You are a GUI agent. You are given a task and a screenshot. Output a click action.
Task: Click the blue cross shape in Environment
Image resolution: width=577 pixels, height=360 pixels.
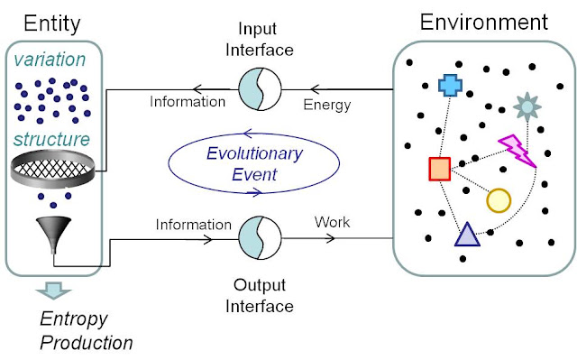pyautogui.click(x=450, y=85)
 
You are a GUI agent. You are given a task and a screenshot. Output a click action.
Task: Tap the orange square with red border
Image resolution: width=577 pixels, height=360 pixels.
pyautogui.click(x=440, y=169)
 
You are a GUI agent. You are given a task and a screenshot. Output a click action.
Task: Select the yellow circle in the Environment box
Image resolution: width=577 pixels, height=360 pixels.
pyautogui.click(x=499, y=200)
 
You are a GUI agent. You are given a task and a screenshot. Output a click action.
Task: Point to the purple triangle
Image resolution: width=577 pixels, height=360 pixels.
pyautogui.click(x=467, y=235)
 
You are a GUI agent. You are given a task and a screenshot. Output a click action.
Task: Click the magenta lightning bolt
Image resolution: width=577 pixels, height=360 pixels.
pyautogui.click(x=517, y=151)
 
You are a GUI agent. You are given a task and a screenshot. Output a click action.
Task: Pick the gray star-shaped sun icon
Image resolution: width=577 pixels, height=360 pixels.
pyautogui.click(x=527, y=106)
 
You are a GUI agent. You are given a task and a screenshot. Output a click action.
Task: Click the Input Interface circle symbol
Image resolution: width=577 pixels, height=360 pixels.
pyautogui.click(x=260, y=89)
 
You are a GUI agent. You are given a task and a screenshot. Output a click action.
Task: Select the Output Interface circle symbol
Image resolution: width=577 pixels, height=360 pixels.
pyautogui.click(x=260, y=238)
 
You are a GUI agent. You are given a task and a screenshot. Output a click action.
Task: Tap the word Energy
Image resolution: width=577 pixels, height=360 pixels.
pyautogui.click(x=327, y=106)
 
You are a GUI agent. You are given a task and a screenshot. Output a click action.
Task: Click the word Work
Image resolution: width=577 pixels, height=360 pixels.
pyautogui.click(x=333, y=222)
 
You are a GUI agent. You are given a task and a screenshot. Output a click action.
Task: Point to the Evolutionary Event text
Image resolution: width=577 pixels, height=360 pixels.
pyautogui.click(x=254, y=164)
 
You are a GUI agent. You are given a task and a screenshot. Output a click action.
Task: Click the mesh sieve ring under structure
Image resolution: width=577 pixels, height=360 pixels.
pyautogui.click(x=52, y=169)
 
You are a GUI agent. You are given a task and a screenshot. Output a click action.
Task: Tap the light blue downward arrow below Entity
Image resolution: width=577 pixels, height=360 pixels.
pyautogui.click(x=54, y=291)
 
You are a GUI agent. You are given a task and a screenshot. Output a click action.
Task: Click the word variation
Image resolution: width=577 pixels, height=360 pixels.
pyautogui.click(x=50, y=60)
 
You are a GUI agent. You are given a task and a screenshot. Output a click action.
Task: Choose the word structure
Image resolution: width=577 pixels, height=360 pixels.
pyautogui.click(x=51, y=140)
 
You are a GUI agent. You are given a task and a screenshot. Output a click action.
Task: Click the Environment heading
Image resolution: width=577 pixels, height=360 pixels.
pyautogui.click(x=484, y=22)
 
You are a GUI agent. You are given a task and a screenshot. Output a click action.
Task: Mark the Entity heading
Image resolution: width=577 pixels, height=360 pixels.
pyautogui.click(x=52, y=24)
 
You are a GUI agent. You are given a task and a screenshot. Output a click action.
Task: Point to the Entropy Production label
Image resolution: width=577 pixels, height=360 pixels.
pyautogui.click(x=87, y=330)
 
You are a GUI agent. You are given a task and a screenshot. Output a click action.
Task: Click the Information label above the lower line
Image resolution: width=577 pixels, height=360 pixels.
pyautogui.click(x=194, y=225)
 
